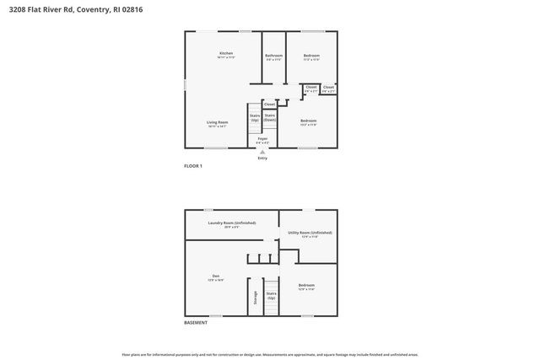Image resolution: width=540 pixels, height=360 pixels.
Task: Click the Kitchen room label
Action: tap(225, 53)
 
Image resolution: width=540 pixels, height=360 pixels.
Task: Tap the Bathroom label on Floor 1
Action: tap(273, 56)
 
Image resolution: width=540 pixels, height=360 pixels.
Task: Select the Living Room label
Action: tap(217, 122)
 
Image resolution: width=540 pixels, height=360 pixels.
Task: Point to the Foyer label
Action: tap(262, 138)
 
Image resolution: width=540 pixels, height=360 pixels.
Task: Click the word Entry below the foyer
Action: tap(262, 158)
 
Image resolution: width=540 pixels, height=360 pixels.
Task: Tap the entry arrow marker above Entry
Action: tap(262, 152)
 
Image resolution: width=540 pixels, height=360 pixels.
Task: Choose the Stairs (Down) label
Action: tap(270, 118)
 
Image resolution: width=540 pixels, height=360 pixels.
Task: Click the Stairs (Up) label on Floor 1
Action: tap(254, 118)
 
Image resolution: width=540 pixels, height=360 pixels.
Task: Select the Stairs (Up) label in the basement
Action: tap(271, 296)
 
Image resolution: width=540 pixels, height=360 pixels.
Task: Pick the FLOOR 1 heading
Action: tap(193, 166)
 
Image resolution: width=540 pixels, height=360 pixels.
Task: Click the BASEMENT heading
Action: tap(195, 323)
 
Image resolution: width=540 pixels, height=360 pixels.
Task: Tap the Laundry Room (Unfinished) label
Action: tap(231, 223)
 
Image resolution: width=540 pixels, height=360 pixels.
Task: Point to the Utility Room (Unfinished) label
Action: tap(310, 233)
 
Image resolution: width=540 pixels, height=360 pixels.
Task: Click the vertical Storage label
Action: tap(255, 298)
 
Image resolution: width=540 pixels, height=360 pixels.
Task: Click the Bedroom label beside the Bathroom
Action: tap(311, 56)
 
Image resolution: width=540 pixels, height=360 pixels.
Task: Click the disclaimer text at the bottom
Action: tap(270, 354)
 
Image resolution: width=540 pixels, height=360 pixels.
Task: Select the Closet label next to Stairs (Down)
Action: tap(268, 105)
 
